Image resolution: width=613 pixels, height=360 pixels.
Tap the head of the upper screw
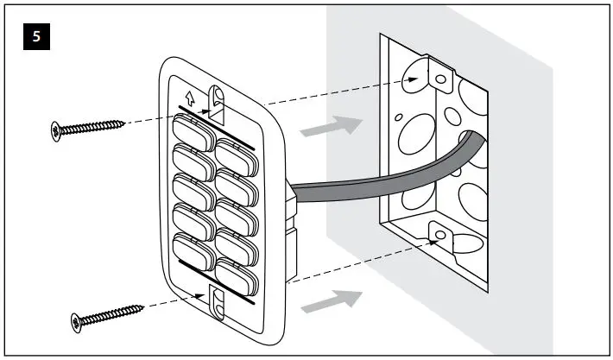click(x=56, y=131)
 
